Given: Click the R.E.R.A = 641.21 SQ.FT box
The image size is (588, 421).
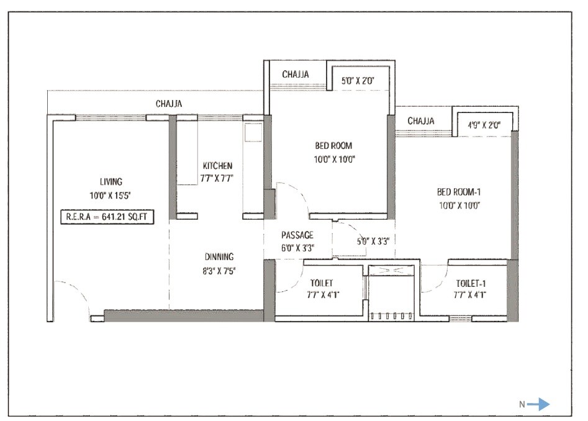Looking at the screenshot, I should point(106,217).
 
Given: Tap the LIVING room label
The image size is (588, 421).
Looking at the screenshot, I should point(111,182).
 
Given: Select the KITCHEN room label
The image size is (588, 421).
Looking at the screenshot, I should point(217,166).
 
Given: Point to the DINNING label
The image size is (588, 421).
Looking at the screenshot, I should point(220,256).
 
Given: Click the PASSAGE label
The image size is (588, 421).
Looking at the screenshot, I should point(297,235).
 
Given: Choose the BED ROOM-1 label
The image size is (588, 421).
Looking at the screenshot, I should point(459,192).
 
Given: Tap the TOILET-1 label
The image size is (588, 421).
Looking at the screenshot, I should point(471,283).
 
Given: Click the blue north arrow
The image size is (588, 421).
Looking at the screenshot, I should point(538,404).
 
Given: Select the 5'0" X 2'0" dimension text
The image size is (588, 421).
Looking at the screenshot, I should point(359,79).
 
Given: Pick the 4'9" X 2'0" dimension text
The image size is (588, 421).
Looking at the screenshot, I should point(484,124).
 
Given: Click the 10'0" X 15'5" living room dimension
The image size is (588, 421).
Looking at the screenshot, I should point(111,196).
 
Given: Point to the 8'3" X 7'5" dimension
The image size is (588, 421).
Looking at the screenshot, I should point(220,270).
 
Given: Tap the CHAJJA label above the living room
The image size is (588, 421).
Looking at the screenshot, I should point(169,104).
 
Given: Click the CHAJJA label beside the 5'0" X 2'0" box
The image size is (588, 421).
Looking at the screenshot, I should point(296,75).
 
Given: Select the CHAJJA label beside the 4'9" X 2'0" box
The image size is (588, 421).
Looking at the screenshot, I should point(420,120).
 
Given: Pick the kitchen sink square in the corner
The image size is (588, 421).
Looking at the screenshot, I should point(253,132).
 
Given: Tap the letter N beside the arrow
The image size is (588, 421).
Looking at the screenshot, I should point(522,404).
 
